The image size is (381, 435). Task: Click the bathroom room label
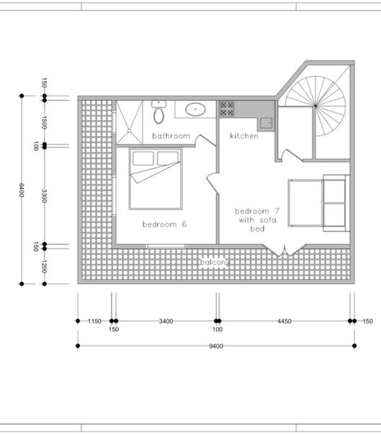point(171,136)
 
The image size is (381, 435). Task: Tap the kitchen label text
point(244,136)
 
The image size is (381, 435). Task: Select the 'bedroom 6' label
point(164,224)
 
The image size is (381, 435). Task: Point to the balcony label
point(215,262)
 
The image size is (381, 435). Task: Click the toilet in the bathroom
point(158,111)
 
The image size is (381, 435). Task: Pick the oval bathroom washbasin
point(195,109)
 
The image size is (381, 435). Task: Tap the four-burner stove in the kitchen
point(227,109)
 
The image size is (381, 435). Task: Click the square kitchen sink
point(266,123)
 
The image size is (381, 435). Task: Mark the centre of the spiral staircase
point(315,106)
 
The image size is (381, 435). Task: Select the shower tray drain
point(129,130)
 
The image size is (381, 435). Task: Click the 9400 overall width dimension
point(216,346)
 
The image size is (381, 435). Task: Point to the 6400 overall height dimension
point(22,190)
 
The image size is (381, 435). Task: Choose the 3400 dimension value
point(166,321)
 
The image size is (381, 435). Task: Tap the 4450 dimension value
point(284,321)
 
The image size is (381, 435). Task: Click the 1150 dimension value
point(94,321)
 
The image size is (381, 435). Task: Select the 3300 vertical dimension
point(44,196)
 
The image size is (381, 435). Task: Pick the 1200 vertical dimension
point(44,267)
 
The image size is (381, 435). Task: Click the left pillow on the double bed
point(143,158)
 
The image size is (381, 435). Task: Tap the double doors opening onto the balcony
point(284,250)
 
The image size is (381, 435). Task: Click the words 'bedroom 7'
point(257,211)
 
